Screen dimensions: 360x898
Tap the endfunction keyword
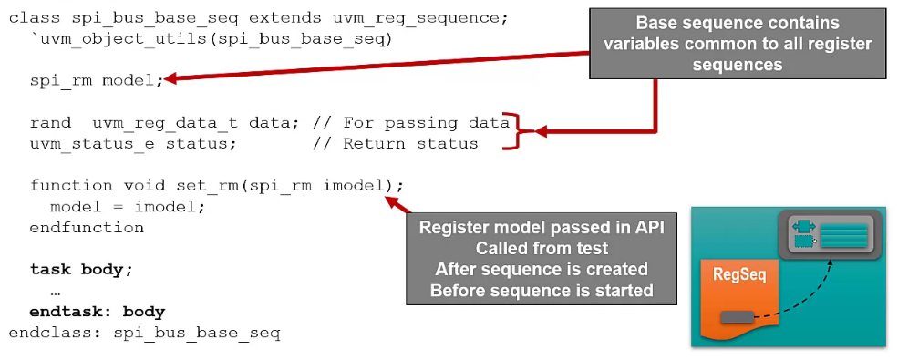pos(87,228)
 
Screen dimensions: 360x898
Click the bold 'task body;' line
pos(82,270)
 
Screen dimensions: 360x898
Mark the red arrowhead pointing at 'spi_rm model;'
pos(171,79)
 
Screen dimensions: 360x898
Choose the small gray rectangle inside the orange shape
pos(736,317)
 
